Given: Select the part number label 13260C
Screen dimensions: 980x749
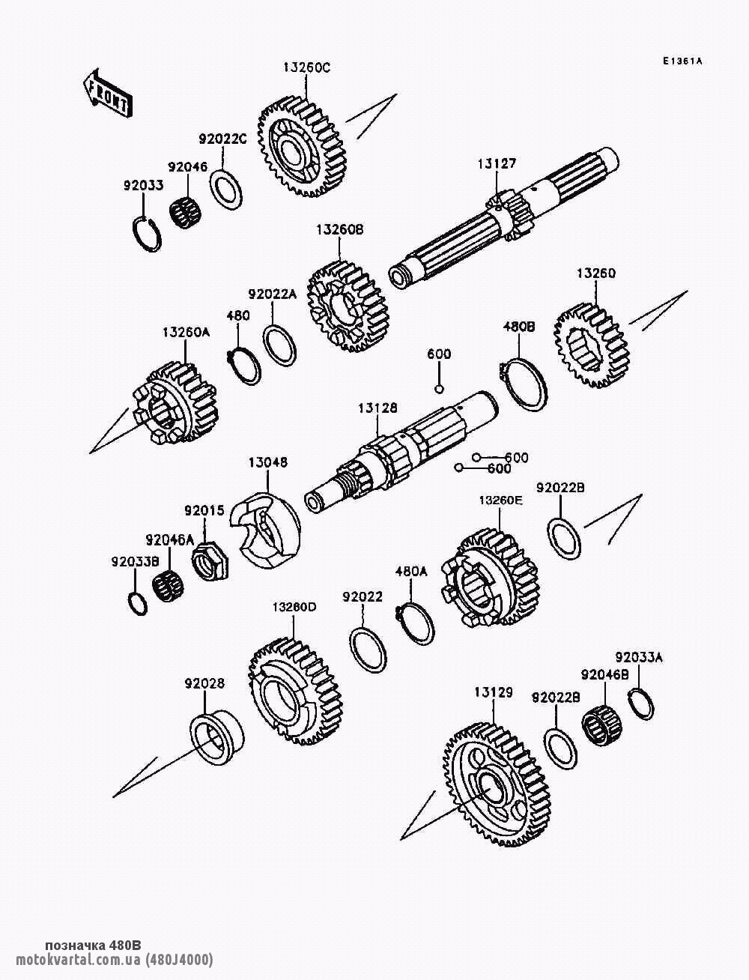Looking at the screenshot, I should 306,67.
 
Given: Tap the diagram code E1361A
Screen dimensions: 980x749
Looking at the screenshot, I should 682,61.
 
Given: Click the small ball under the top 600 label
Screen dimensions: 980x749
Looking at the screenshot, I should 440,388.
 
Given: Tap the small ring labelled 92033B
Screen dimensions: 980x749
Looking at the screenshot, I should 138,603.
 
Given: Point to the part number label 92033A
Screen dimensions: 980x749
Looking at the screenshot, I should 639,658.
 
